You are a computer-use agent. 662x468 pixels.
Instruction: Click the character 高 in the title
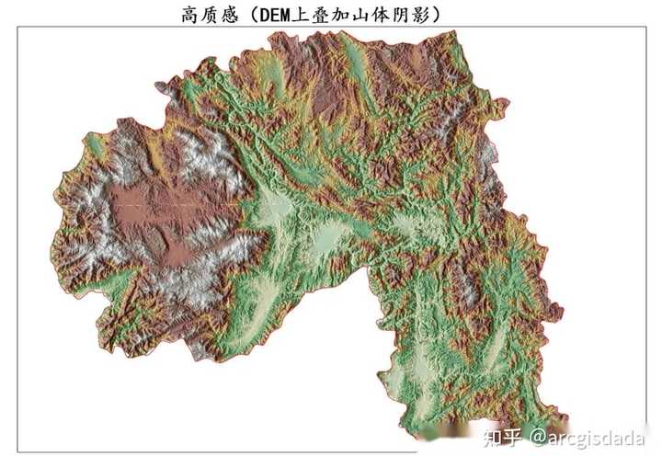tap(191, 14)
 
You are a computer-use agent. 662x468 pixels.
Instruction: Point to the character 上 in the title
tap(310, 14)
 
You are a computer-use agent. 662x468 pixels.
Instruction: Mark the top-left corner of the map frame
tap(18, 28)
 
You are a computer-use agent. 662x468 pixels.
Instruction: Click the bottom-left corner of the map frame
tap(18, 451)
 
